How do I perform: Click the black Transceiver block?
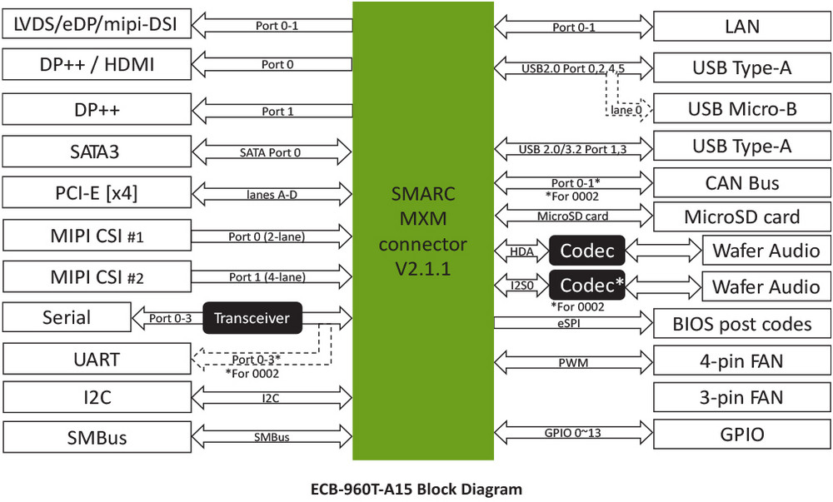tap(252, 318)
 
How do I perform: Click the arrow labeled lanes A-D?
tap(271, 194)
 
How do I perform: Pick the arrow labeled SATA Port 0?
tap(271, 152)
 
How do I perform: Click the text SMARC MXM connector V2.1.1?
tap(423, 231)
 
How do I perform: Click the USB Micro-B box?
tap(741, 108)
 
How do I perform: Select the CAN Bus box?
tap(741, 183)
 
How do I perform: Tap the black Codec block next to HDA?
tap(586, 250)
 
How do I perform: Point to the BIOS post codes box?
tap(741, 323)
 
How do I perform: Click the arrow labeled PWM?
tap(573, 362)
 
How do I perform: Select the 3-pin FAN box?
tap(741, 397)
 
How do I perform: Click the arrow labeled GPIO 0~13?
tap(573, 433)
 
